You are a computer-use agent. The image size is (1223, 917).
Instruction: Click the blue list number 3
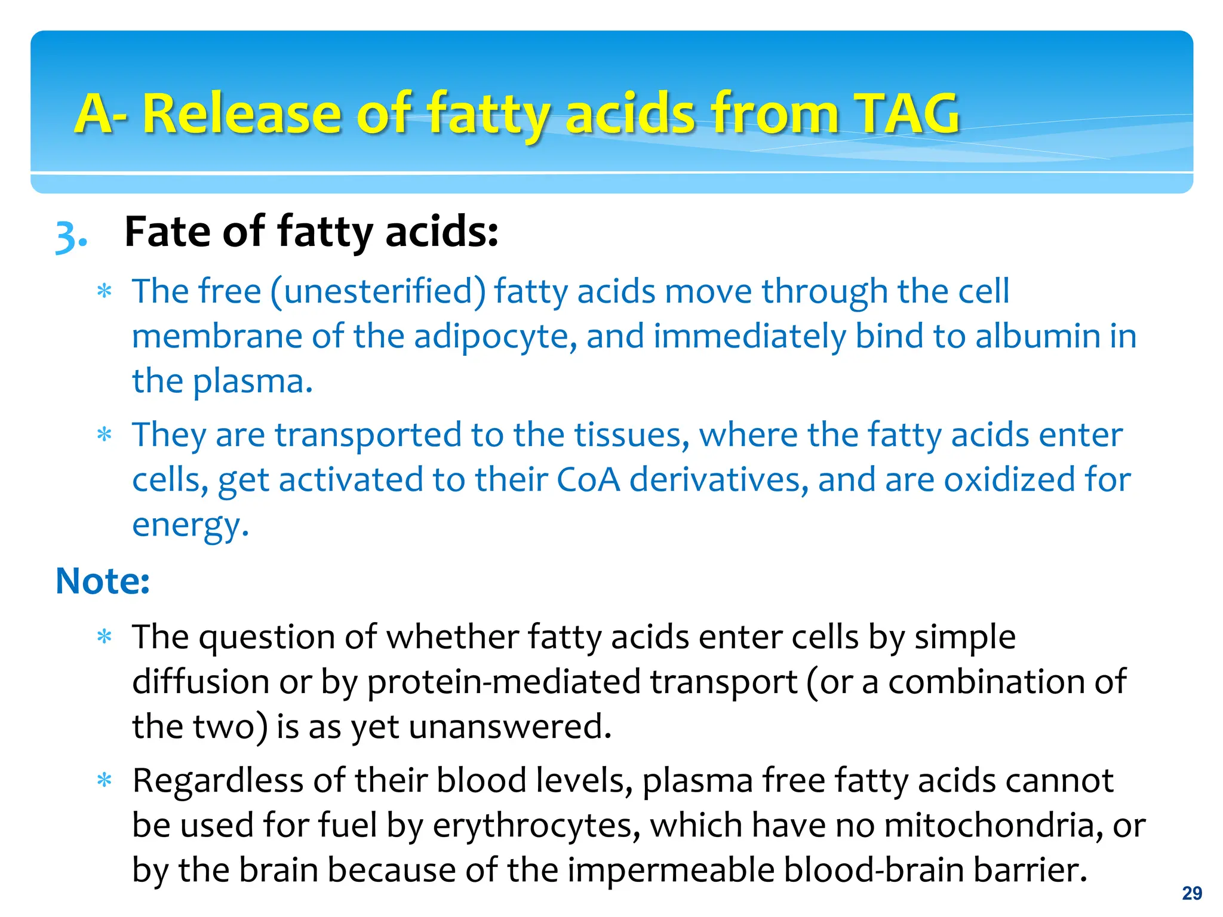70,236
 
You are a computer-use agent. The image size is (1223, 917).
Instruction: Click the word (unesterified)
378,292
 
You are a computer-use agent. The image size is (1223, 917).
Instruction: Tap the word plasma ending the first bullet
251,381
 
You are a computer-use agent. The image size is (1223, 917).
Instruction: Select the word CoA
588,480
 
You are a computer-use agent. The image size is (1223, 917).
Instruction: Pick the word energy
189,525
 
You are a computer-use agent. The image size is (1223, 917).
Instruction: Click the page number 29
1192,893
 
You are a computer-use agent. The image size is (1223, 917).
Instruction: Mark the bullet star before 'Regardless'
105,780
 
